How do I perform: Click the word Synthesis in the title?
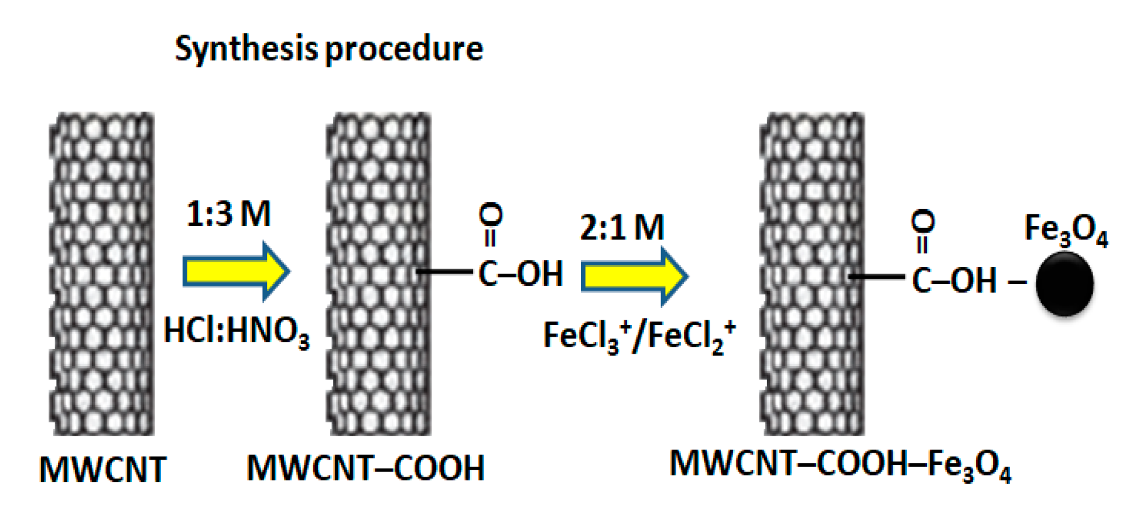[247, 49]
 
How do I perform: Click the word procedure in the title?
[404, 49]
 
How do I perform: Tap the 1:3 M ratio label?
[228, 214]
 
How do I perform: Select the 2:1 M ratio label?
[622, 227]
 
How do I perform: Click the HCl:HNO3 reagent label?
[235, 332]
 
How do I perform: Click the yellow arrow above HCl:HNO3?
[235, 271]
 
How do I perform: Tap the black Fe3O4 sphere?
[1064, 284]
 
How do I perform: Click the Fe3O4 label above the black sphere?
[1066, 230]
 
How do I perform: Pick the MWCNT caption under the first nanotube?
[102, 469]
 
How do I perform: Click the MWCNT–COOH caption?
[365, 468]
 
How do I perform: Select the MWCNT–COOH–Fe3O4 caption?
[840, 464]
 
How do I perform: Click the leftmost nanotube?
[102, 274]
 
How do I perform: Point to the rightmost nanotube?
[812, 274]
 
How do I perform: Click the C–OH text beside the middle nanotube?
[521, 273]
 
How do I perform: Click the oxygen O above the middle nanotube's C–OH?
[491, 215]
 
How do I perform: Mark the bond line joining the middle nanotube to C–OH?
[445, 272]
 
